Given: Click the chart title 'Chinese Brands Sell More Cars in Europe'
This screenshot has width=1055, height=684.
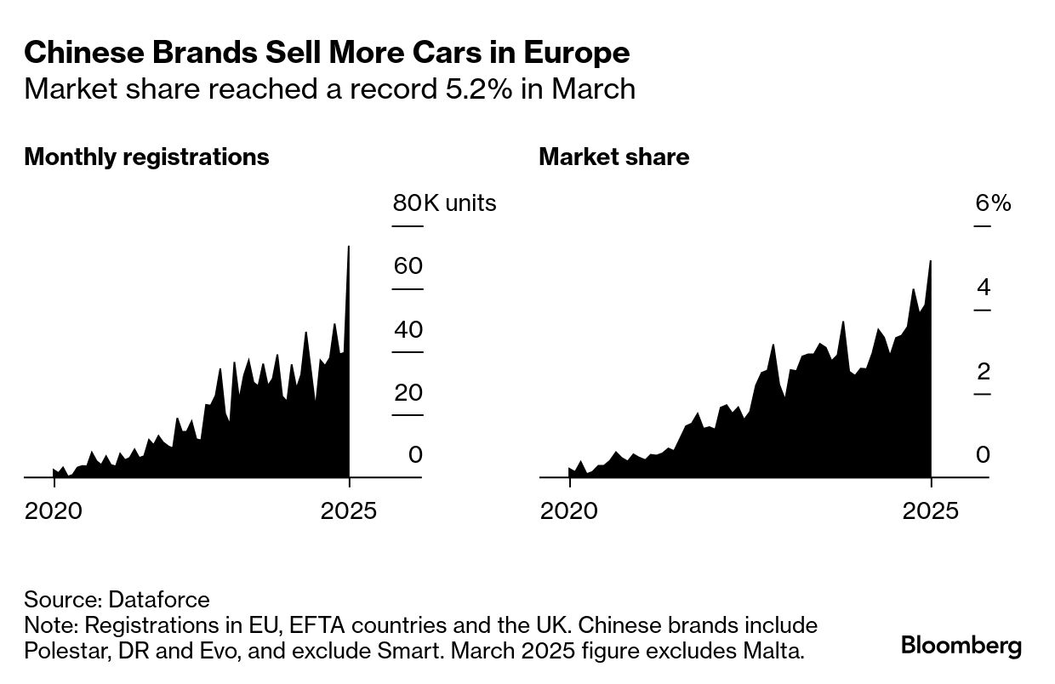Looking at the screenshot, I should click(x=327, y=54).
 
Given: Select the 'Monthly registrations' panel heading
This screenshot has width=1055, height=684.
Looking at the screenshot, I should click(x=146, y=157).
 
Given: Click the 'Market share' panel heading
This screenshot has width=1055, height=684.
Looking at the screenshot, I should click(x=613, y=157).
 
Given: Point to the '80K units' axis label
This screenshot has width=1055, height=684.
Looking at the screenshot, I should click(x=444, y=203).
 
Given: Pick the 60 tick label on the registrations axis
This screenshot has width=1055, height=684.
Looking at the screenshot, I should click(x=408, y=266).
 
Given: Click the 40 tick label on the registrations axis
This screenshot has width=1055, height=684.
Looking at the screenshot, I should click(x=408, y=329).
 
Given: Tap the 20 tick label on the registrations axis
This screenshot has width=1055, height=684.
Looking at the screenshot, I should click(x=408, y=392).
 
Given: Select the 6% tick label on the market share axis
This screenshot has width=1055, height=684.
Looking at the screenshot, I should click(x=993, y=203).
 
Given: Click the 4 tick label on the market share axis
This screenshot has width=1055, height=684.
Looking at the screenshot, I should click(x=984, y=288).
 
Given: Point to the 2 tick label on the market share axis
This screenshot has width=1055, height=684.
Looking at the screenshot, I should click(x=984, y=372).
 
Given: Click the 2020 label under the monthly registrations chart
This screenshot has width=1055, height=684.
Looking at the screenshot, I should click(x=54, y=511).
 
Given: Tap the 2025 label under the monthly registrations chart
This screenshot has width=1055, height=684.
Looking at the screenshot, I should click(x=348, y=511).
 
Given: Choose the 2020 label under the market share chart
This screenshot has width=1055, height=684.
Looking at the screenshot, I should click(x=569, y=511).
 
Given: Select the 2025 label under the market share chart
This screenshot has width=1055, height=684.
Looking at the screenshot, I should click(x=931, y=511).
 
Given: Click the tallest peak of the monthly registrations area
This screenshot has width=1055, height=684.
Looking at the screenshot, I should click(x=349, y=248).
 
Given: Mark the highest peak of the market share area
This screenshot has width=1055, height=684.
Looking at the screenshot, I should click(x=931, y=261).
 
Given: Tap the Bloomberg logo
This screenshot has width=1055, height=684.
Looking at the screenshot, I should click(x=961, y=646).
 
